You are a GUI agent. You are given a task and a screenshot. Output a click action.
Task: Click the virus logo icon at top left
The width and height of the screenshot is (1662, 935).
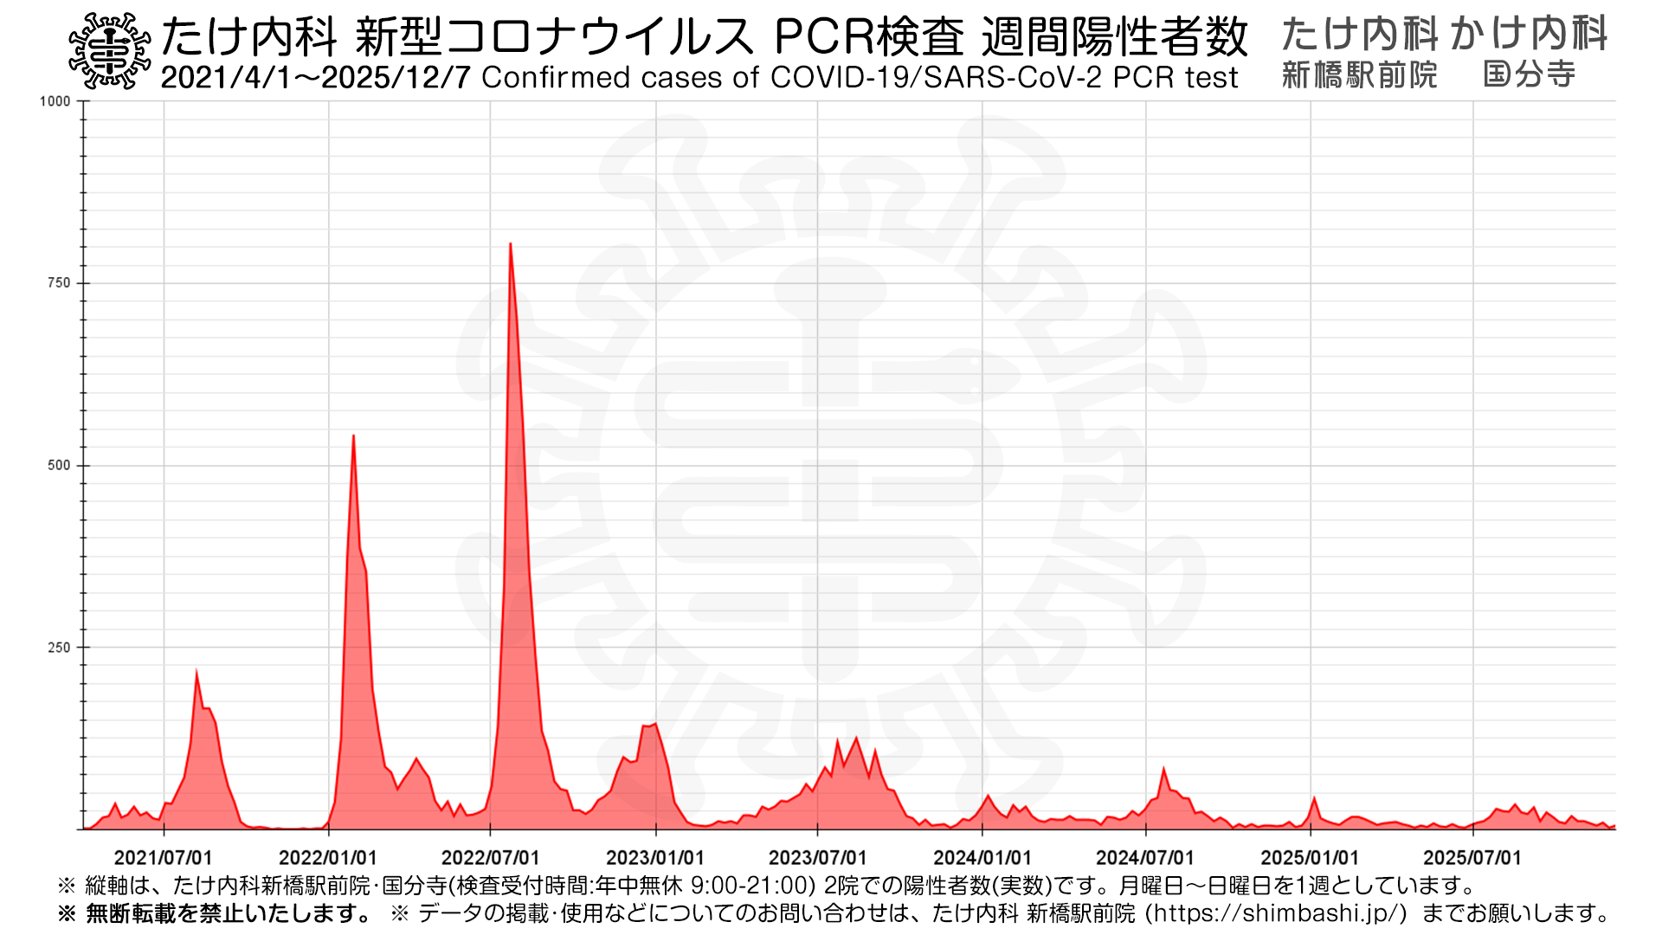tap(109, 51)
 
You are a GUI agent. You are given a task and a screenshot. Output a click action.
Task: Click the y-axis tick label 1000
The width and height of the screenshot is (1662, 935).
tap(55, 101)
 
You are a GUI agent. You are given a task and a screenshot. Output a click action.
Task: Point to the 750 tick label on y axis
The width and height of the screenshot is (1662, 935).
tap(58, 283)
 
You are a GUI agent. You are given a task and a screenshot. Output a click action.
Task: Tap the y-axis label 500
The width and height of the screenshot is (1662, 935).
tap(58, 465)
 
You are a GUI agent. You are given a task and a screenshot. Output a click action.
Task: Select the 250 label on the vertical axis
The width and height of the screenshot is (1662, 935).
tap(58, 648)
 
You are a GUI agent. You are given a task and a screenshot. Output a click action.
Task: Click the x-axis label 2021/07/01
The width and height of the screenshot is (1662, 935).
tap(163, 858)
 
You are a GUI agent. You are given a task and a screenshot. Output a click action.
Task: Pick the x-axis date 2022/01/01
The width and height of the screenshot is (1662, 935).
tap(327, 858)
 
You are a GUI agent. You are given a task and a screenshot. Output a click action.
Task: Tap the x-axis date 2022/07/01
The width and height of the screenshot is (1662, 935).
tap(490, 858)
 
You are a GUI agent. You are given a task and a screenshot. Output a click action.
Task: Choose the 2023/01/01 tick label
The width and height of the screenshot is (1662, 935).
tap(655, 858)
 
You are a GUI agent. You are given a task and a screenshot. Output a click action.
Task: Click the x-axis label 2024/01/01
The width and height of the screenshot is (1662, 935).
tap(982, 858)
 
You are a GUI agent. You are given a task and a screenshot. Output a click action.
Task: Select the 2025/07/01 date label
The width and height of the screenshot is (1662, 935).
tap(1472, 858)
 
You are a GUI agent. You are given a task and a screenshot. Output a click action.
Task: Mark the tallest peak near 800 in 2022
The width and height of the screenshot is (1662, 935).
tap(510, 244)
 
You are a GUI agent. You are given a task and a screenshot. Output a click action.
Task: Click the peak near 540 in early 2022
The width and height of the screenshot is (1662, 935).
tap(353, 435)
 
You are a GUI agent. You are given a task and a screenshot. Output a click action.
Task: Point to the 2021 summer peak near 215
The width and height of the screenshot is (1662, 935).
tap(196, 672)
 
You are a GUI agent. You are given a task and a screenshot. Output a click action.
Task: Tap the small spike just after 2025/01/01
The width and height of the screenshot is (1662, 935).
tap(1314, 798)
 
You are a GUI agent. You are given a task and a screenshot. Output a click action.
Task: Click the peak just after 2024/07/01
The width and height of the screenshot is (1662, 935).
tap(1163, 769)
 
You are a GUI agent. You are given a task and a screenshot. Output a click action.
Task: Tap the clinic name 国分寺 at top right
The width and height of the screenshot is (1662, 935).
tap(1529, 74)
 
